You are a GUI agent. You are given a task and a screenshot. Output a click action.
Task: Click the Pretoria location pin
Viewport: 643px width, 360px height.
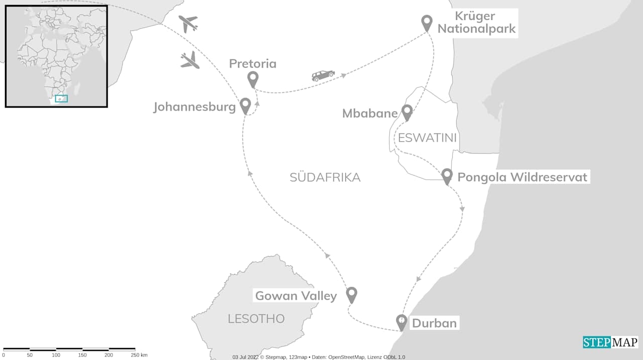[x=253, y=79]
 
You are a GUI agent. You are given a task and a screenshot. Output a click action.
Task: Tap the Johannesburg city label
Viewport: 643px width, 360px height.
[x=194, y=107]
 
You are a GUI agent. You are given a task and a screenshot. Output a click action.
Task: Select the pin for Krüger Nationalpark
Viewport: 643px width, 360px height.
[x=426, y=23]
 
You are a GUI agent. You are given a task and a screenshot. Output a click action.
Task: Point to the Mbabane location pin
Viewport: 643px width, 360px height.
[x=407, y=112]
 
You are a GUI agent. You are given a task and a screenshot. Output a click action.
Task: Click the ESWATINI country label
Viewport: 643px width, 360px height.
[x=427, y=138]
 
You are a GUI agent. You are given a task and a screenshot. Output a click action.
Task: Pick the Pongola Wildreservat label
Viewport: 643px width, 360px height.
[x=522, y=177]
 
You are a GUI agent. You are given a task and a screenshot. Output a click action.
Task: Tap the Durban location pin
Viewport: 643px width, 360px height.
[x=401, y=321]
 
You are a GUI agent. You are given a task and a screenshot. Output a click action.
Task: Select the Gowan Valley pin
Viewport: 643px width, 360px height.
[x=352, y=294]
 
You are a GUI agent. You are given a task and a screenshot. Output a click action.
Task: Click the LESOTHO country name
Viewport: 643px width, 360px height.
[x=256, y=319]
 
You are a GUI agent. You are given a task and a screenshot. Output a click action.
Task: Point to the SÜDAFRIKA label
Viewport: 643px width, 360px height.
[x=325, y=177]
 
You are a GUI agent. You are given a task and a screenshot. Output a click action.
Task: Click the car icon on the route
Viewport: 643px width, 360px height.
[x=323, y=75]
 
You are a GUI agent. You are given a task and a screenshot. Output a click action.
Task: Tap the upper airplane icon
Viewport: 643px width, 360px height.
[x=188, y=23]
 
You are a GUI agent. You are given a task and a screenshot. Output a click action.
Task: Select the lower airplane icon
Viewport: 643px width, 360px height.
[x=190, y=60]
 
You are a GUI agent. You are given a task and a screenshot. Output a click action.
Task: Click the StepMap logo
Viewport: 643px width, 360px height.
[x=610, y=342]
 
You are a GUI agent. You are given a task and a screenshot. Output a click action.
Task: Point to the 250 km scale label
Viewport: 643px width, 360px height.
[x=138, y=355]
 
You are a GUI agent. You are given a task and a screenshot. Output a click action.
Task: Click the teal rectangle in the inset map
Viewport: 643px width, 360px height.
[x=61, y=98]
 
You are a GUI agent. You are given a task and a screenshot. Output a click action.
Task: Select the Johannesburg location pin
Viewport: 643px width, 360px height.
[x=245, y=105]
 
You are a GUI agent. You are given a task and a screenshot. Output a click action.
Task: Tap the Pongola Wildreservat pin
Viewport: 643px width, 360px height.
[x=447, y=176]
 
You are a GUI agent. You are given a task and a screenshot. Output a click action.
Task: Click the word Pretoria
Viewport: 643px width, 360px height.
[x=253, y=64]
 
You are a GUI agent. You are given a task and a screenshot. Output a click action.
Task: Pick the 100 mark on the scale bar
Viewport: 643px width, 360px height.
[x=56, y=355]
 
